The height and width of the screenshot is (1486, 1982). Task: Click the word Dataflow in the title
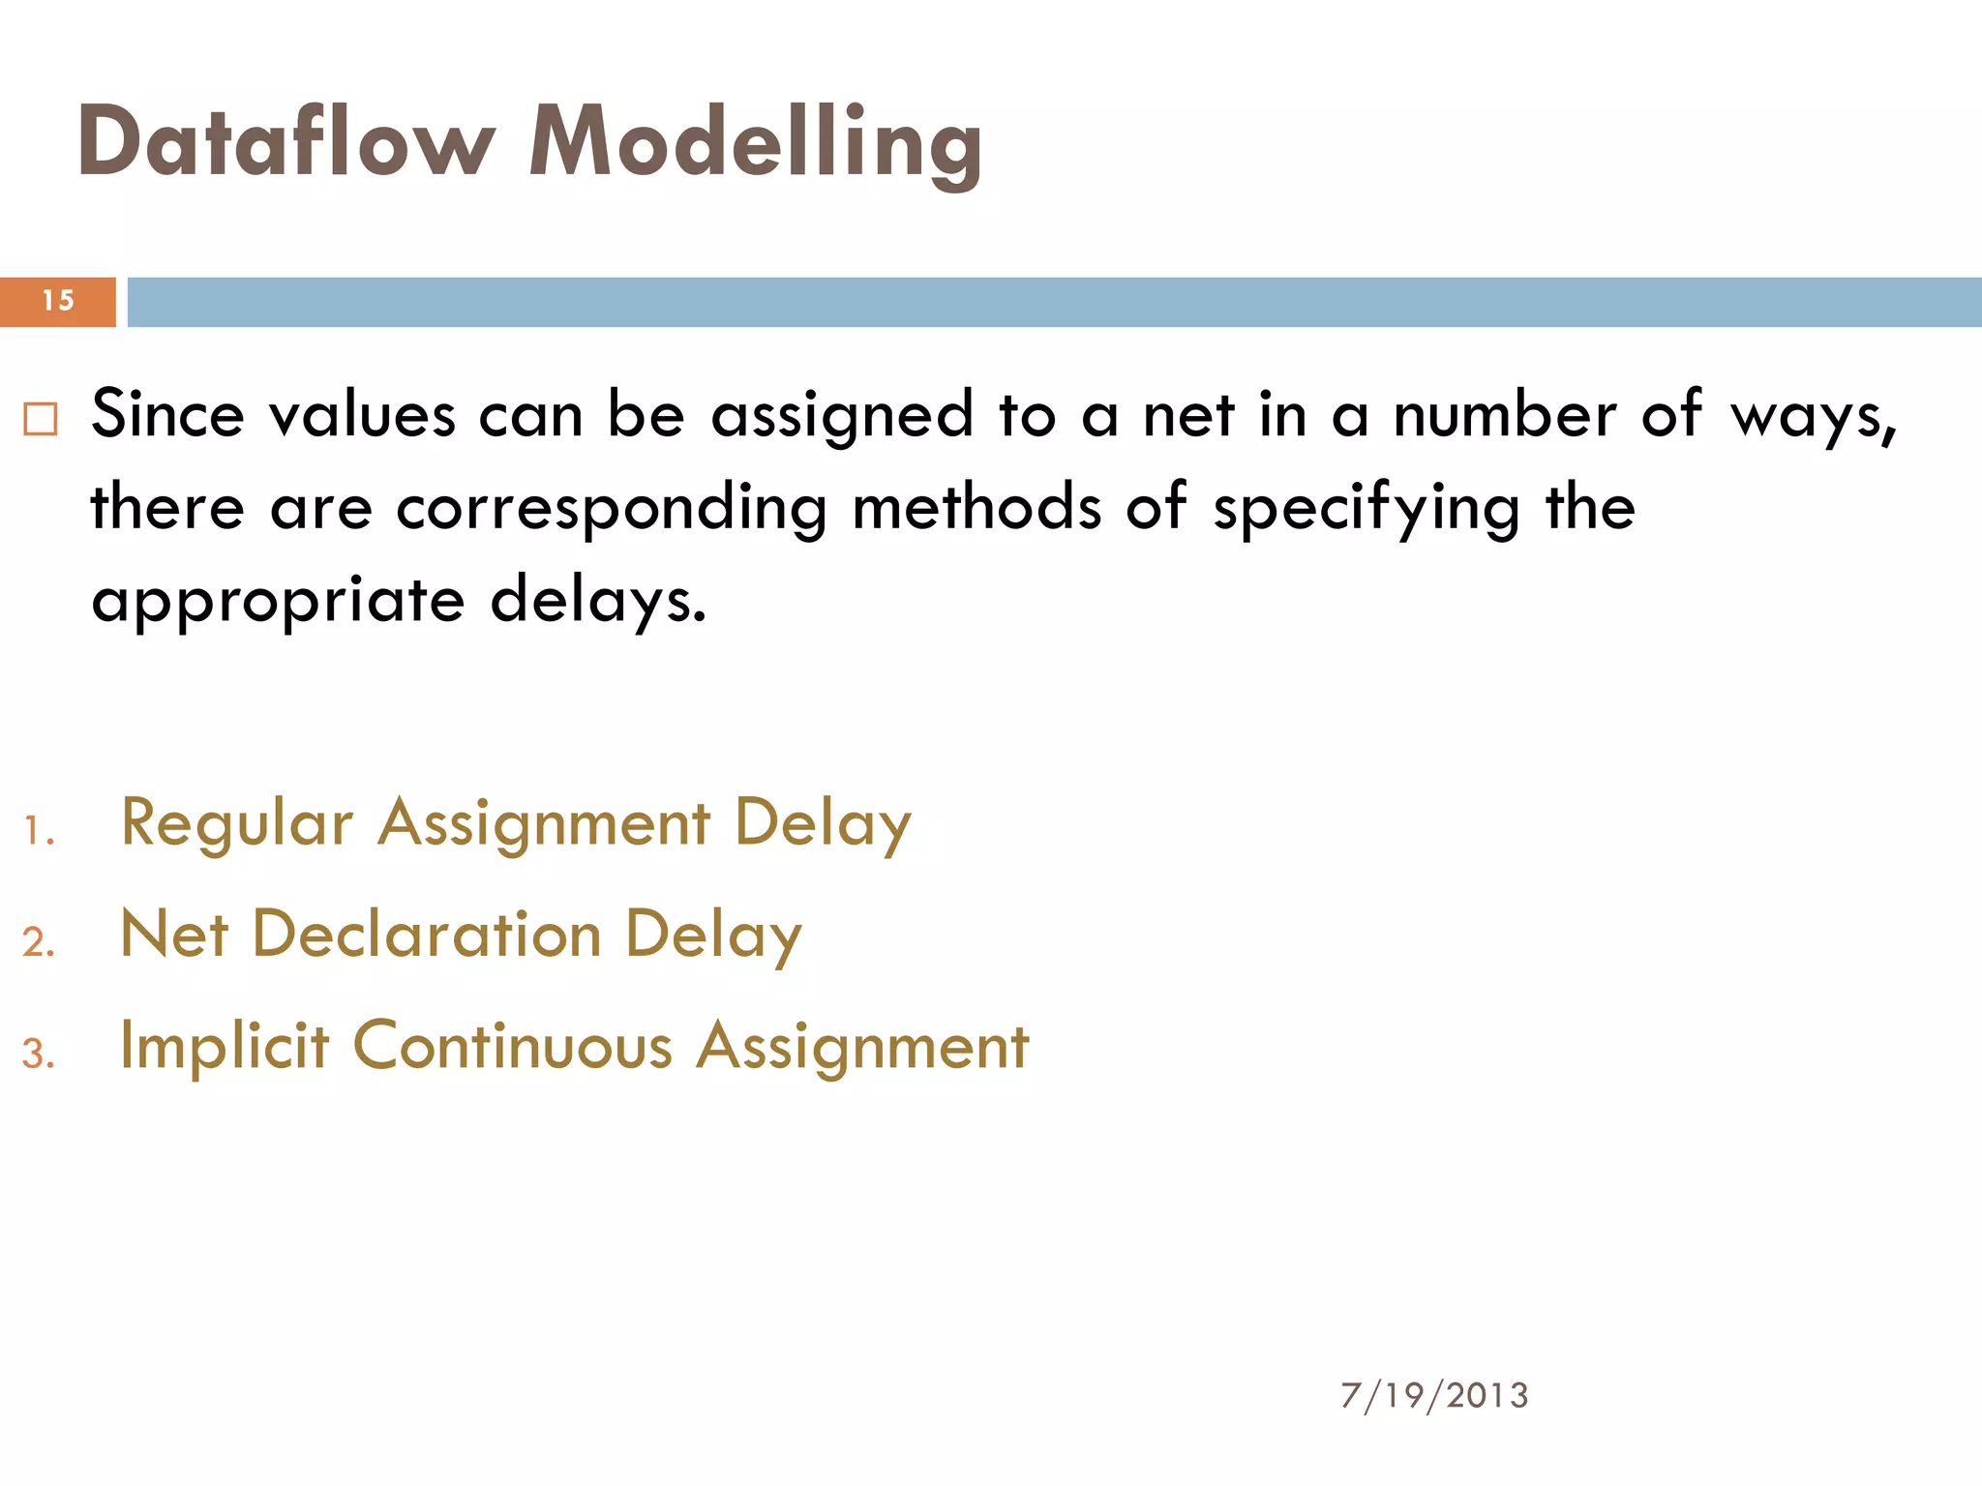pyautogui.click(x=285, y=143)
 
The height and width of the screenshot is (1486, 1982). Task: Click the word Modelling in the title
pyautogui.click(x=755, y=143)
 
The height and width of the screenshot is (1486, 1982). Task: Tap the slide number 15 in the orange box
pyautogui.click(x=58, y=301)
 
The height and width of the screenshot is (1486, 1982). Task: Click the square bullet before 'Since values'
pyautogui.click(x=41, y=419)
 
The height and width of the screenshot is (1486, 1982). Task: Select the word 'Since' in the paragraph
pyautogui.click(x=167, y=415)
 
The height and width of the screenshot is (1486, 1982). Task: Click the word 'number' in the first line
pyautogui.click(x=1504, y=415)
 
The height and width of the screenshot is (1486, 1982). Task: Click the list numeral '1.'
pyautogui.click(x=39, y=831)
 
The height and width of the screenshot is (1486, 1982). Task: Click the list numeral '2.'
pyautogui.click(x=39, y=942)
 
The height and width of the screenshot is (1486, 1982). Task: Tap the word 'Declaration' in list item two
pyautogui.click(x=427, y=935)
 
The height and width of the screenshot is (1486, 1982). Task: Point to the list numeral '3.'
pyautogui.click(x=39, y=1054)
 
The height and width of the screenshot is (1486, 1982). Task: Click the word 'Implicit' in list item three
pyautogui.click(x=225, y=1047)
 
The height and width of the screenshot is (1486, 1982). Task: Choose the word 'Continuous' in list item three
pyautogui.click(x=513, y=1047)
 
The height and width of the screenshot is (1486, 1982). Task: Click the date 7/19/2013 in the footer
pyautogui.click(x=1434, y=1396)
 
